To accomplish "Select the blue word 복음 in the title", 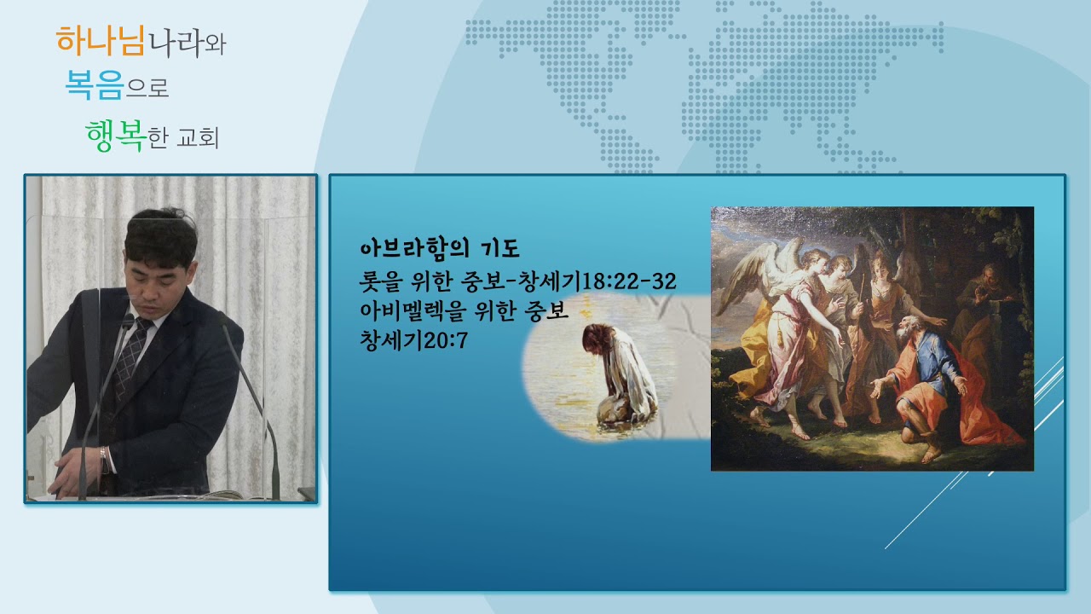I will point(94,86).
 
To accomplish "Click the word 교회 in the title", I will point(198,138).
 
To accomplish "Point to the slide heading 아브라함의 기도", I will point(440,248).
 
